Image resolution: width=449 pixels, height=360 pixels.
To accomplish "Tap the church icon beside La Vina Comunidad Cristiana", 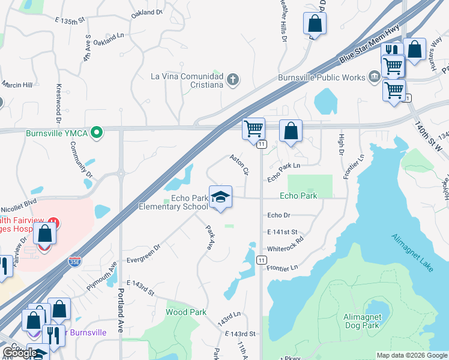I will [233, 79].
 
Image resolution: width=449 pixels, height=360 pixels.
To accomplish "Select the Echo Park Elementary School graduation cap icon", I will [220, 197].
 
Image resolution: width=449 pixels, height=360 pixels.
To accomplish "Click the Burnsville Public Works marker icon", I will [374, 77].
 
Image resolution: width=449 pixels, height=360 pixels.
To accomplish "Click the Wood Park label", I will [186, 312].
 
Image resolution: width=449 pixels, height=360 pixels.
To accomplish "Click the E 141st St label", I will [283, 232].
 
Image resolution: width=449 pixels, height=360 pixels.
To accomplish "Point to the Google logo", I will [20, 353].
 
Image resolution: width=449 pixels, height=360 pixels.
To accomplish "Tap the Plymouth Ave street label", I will [101, 277].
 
